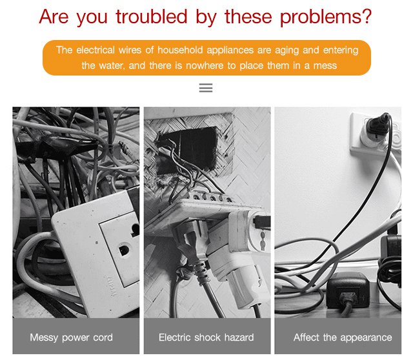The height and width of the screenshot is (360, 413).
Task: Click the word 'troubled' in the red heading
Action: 152,16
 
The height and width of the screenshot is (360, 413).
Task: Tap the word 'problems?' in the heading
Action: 326,17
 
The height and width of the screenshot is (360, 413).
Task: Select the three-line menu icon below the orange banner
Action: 206,88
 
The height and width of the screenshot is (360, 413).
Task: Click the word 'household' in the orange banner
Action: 180,50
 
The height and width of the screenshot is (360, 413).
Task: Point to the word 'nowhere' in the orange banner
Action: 205,65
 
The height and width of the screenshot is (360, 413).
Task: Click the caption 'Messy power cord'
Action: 72,337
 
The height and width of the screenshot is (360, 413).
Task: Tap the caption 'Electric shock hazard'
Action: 206,337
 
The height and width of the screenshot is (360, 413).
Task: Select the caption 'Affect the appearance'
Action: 343,337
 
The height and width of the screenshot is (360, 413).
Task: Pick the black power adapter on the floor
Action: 347,291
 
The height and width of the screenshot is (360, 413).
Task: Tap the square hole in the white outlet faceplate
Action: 124,250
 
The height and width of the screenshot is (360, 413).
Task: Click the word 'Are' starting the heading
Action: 54,16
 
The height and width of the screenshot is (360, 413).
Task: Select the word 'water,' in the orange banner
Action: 112,66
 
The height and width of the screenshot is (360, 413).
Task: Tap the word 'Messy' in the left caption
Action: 44,337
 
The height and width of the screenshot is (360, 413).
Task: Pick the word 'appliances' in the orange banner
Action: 230,50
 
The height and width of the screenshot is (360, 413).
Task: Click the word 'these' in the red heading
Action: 248,16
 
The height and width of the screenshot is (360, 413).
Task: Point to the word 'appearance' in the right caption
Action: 366,338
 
